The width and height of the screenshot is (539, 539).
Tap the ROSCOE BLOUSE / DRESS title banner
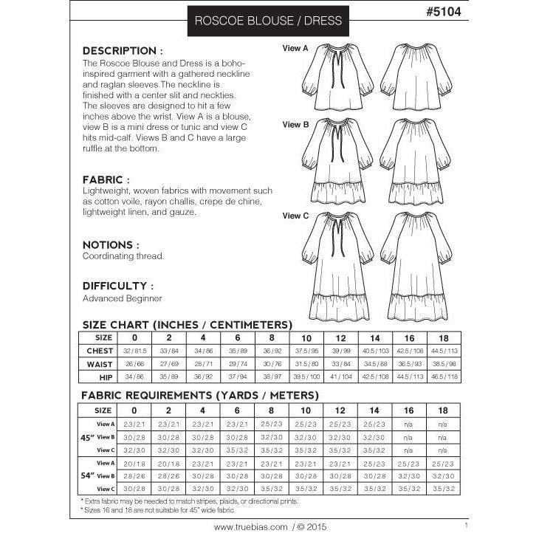coord(268,21)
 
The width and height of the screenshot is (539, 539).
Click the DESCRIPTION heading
coord(123,51)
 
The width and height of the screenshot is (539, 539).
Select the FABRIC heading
coord(106,179)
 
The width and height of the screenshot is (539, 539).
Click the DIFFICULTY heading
coord(118,285)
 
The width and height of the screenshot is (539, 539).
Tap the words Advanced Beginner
coord(122,299)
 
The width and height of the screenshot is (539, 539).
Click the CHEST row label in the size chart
coord(100,351)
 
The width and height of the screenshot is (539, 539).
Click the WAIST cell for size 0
coord(134,364)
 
